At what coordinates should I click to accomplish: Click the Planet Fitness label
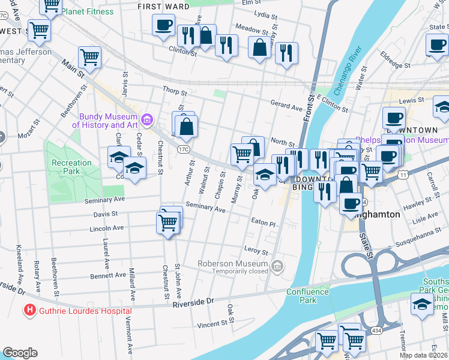click(87, 11)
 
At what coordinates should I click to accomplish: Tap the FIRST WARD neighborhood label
click(163, 7)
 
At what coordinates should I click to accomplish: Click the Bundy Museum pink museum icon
click(146, 121)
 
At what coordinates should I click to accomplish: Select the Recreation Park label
click(71, 167)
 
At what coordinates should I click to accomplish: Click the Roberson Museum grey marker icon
click(277, 266)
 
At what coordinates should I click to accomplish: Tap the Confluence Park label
click(309, 296)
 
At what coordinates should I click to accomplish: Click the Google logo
click(20, 353)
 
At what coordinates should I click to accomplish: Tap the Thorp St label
click(175, 92)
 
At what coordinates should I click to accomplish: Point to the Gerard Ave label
click(286, 104)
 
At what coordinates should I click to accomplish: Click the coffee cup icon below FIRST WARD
click(163, 26)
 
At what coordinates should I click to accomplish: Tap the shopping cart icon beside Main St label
click(89, 58)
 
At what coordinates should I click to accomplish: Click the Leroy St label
click(255, 249)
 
